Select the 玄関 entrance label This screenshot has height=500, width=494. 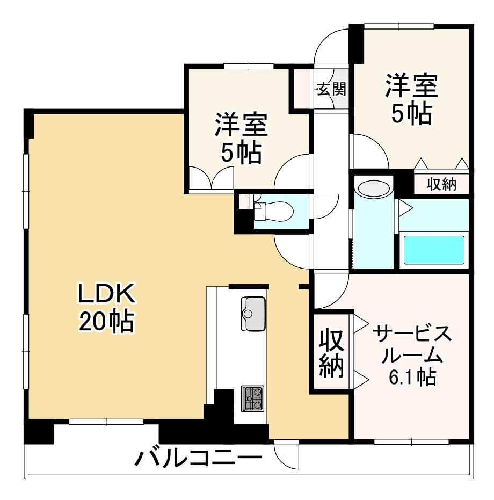330,89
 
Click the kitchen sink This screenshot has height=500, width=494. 253,314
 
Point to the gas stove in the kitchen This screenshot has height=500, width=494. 252,398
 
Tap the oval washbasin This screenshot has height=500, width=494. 374,189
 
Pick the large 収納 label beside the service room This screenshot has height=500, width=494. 331,352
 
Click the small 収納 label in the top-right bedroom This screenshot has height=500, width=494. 441,184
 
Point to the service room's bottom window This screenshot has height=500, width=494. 411,441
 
